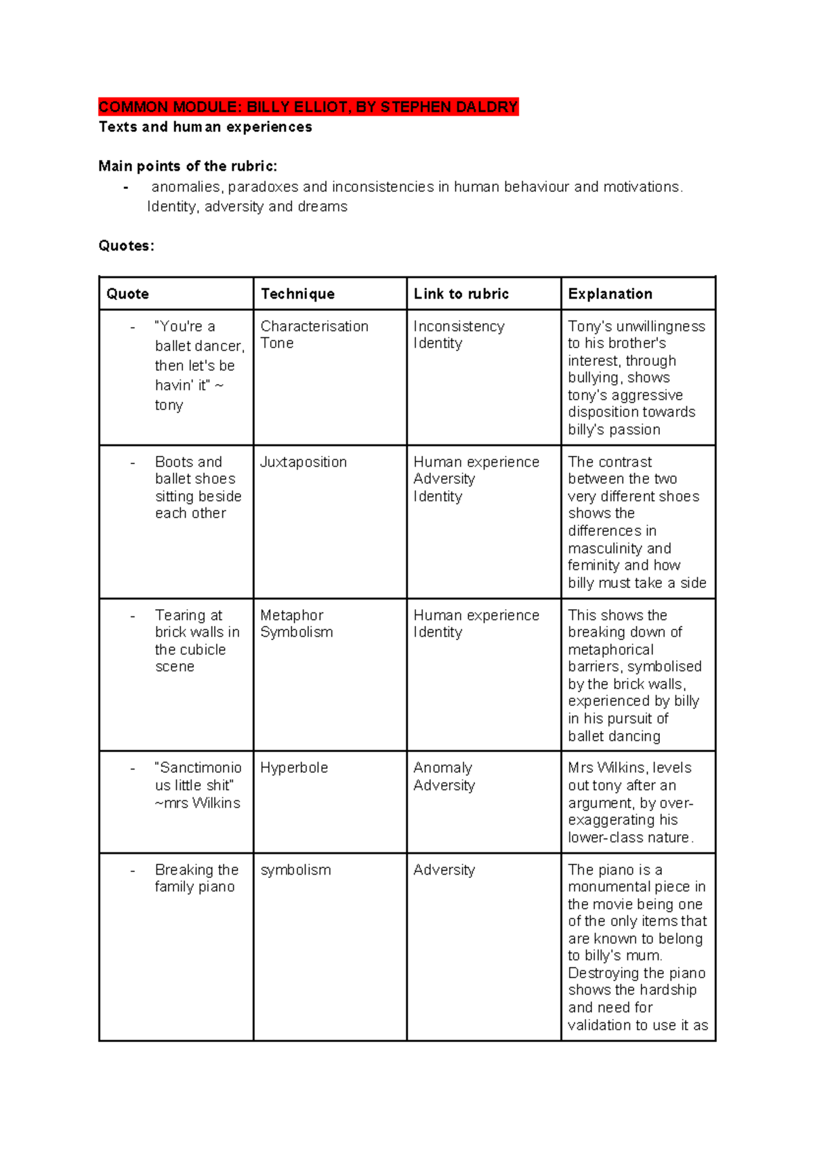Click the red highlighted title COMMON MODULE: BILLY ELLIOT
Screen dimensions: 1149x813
pos(308,107)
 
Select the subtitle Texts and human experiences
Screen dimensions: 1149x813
pos(205,127)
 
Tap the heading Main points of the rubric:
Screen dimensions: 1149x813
pos(188,167)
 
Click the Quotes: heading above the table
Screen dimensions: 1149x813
pos(126,246)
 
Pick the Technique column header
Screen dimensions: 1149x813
pos(297,294)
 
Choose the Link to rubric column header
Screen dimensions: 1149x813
pos(461,294)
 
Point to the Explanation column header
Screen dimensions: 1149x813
pos(610,294)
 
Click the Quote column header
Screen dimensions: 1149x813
pos(127,294)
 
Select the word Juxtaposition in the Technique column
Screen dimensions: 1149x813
pos(303,462)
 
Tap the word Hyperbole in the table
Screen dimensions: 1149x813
pos(294,768)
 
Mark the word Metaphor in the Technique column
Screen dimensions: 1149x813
pos(291,615)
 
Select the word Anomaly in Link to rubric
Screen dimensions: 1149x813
pos(442,768)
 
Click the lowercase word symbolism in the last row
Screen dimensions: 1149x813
pos(295,870)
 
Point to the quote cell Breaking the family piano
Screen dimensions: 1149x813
pos(196,878)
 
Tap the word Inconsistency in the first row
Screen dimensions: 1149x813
pos(459,327)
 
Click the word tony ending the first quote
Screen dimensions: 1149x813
pos(169,405)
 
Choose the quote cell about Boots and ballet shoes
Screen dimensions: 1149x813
pos(197,488)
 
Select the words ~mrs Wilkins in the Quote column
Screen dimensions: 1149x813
pos(197,803)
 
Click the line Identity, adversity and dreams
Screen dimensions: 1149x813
pos(247,207)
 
